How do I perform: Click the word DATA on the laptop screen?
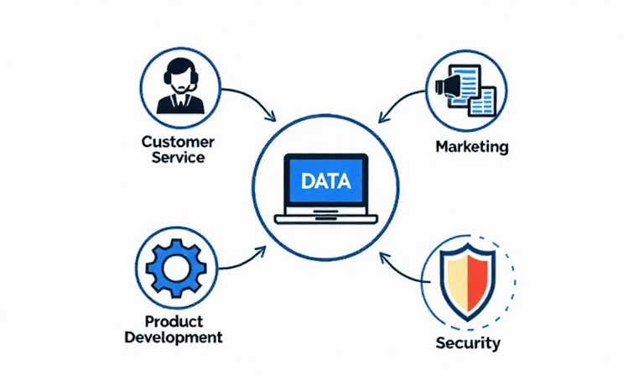tap(322, 181)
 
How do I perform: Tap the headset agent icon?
tap(178, 84)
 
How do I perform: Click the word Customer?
tap(178, 141)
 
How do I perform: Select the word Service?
tap(178, 157)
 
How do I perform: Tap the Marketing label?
tap(472, 147)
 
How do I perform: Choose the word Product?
tap(174, 321)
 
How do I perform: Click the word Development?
tap(174, 337)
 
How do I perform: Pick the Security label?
tap(468, 342)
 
